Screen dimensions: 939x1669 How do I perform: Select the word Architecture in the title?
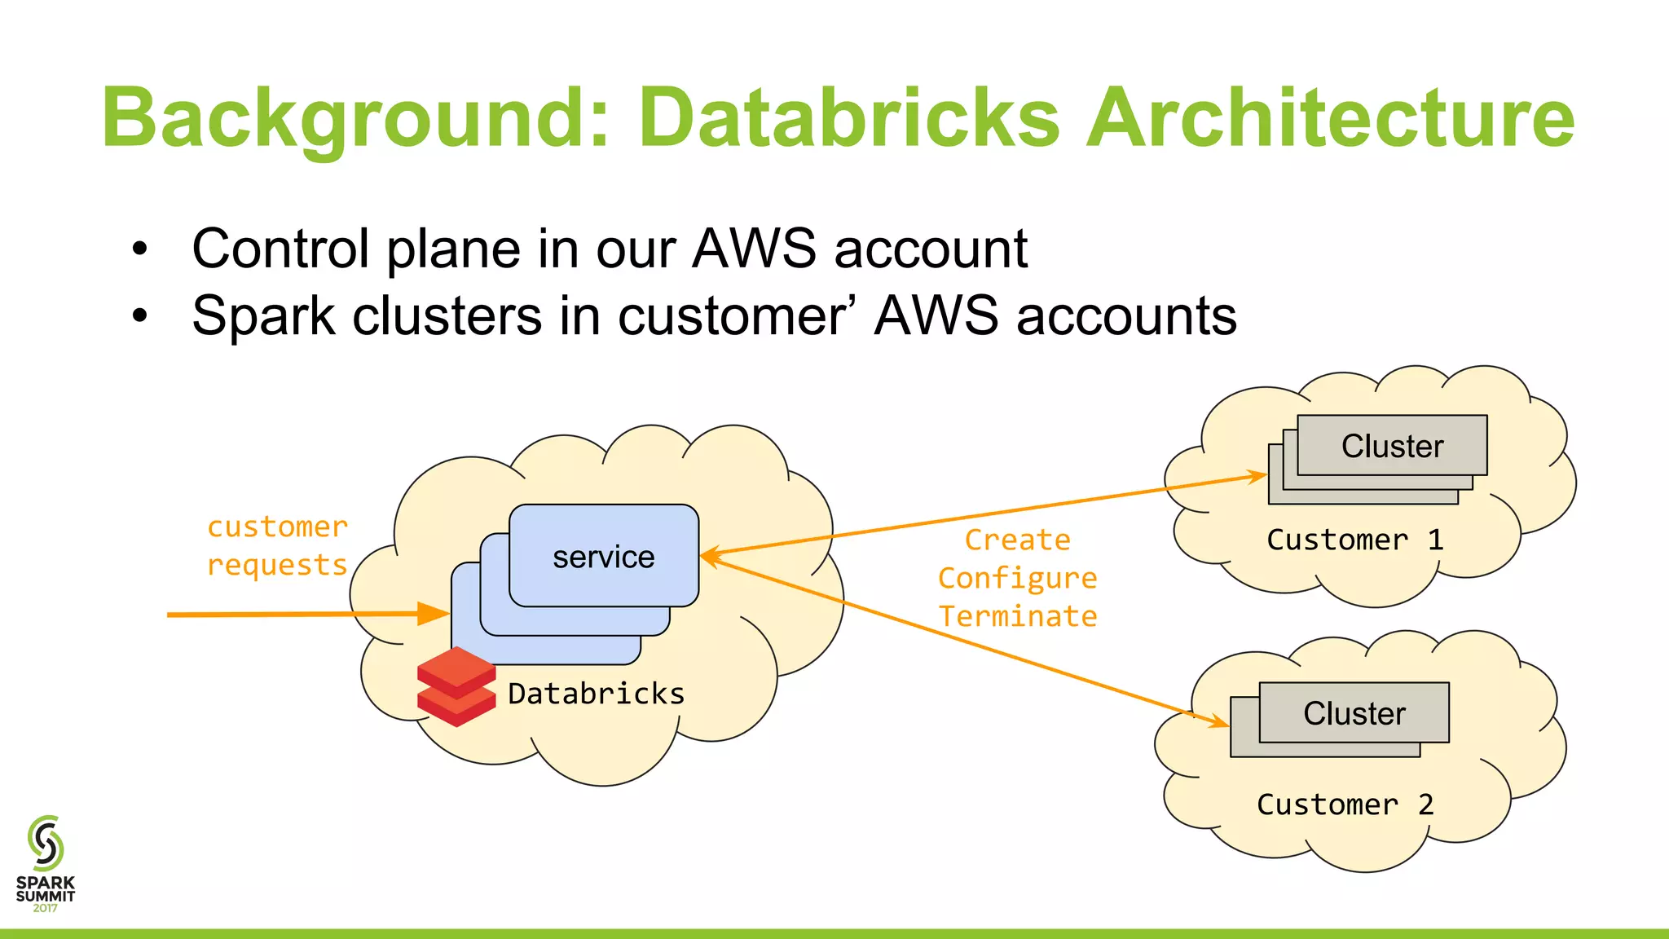tap(1330, 120)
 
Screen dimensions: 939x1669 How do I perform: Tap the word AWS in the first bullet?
tap(753, 249)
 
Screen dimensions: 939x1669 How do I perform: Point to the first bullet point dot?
tap(140, 249)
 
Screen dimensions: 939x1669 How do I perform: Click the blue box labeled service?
tap(603, 557)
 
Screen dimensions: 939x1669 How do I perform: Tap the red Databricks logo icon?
tap(456, 686)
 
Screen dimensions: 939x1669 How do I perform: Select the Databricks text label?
tap(596, 694)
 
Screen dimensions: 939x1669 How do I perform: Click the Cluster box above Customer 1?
tap(1392, 446)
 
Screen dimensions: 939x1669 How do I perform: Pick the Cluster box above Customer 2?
tap(1354, 713)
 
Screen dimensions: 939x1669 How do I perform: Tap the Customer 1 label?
tap(1354, 540)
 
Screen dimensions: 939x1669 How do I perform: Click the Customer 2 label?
tap(1345, 805)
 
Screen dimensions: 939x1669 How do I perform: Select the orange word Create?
tap(1017, 540)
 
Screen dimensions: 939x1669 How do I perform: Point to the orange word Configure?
tap(1017, 578)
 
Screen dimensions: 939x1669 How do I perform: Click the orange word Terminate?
tap(1017, 616)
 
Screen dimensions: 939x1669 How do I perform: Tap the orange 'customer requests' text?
tap(277, 545)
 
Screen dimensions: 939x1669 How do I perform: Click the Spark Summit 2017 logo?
tap(46, 863)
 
